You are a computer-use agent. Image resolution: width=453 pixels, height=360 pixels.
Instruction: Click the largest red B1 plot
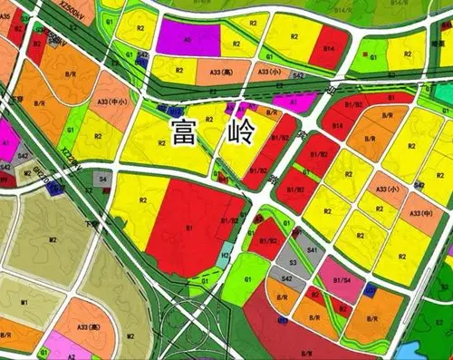pos(192,227)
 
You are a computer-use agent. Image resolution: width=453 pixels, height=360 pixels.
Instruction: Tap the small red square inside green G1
pos(372,56)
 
